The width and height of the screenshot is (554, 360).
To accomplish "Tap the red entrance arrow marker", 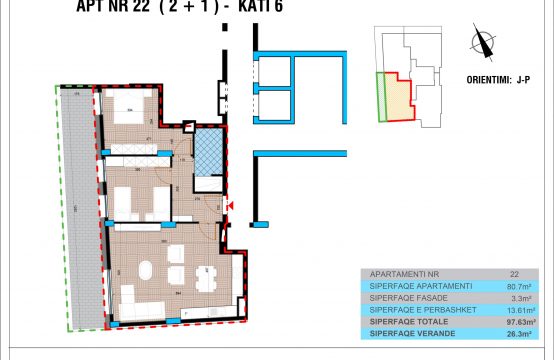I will [x=230, y=206].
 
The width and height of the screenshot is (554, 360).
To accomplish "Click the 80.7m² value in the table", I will [x=514, y=285].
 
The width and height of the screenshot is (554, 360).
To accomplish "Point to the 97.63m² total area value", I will [x=513, y=321].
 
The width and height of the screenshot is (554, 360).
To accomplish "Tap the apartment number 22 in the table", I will [x=514, y=273].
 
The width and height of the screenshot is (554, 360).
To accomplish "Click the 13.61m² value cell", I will [x=514, y=309].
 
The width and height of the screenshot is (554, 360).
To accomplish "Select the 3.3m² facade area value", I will [x=514, y=297].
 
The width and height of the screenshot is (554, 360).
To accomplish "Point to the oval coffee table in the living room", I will [x=146, y=270].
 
